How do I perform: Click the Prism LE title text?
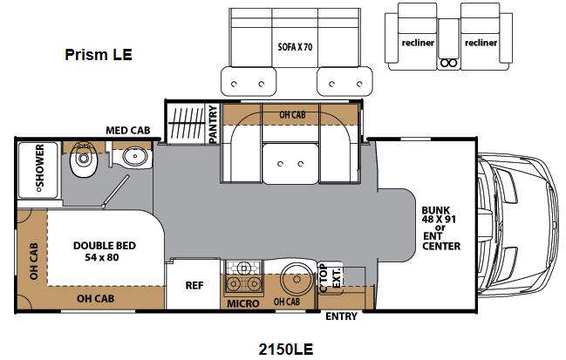tap(99, 55)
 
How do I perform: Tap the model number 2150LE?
tap(285, 350)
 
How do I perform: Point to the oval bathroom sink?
tap(135, 157)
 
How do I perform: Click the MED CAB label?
tap(128, 130)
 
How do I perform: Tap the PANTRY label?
tap(214, 124)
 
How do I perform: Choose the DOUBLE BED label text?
tap(105, 246)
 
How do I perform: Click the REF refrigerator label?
tap(194, 285)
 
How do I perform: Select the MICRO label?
tap(243, 303)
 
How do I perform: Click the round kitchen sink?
tap(297, 280)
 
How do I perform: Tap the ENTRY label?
tap(341, 316)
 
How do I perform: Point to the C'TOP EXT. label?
tap(330, 278)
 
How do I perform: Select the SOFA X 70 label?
tap(295, 47)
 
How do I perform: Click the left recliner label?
tap(418, 43)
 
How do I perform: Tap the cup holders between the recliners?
tap(448, 64)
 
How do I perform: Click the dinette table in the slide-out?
tap(290, 163)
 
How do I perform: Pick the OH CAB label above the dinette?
tap(292, 115)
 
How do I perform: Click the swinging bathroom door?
tap(116, 191)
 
